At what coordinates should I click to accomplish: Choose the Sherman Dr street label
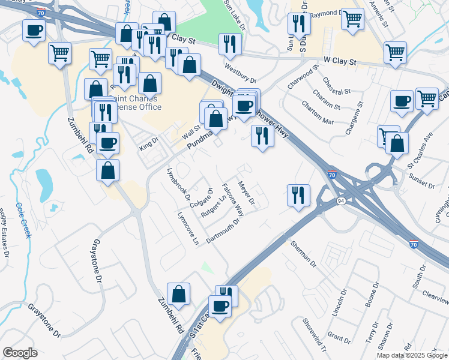tap(303, 253)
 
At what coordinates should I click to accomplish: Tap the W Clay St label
tap(340, 61)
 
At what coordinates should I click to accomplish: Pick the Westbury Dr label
tap(240, 73)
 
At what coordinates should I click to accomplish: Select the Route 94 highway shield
tap(341, 200)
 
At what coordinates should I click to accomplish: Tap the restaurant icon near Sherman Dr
tap(298, 194)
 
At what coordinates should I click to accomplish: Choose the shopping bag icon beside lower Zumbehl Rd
tap(178, 294)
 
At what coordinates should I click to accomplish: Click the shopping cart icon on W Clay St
tap(395, 53)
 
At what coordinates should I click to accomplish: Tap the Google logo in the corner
tap(20, 353)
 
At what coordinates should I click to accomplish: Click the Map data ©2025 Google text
tap(411, 355)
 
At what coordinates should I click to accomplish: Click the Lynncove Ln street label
tap(188, 229)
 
